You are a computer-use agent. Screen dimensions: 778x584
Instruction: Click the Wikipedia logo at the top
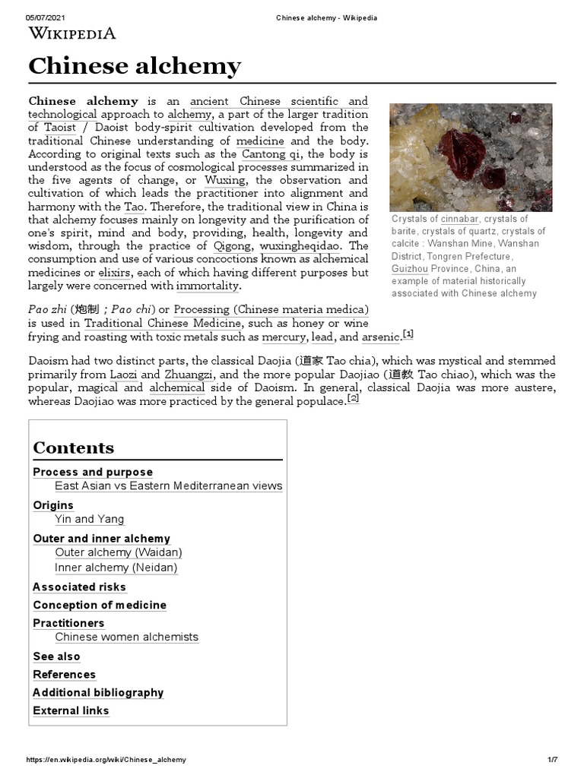(72, 33)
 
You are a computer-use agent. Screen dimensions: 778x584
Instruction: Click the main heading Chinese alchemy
(135, 66)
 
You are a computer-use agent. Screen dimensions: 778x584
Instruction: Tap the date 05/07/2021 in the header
(43, 17)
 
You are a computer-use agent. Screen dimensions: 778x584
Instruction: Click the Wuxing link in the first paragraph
(225, 180)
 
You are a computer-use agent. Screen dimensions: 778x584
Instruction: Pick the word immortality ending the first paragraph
(208, 286)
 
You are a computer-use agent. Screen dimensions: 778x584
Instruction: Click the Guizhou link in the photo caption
(410, 269)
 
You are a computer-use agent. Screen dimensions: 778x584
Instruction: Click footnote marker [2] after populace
(353, 398)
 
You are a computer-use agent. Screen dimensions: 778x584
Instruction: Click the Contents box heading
(73, 448)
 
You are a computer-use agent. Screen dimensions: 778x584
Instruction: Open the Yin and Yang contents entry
(89, 519)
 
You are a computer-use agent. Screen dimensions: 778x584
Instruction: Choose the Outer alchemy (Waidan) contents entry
(119, 552)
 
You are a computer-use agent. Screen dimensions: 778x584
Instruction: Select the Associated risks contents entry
(79, 587)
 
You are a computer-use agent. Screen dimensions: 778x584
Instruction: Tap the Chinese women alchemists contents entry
(126, 637)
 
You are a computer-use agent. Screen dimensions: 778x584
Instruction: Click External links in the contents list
(71, 710)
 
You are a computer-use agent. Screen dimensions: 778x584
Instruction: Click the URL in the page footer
(106, 760)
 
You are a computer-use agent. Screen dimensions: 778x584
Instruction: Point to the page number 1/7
(552, 760)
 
